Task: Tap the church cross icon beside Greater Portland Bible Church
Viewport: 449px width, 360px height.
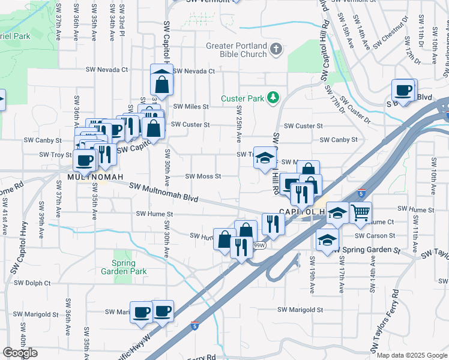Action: point(276,49)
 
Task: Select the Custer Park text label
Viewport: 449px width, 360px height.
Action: point(243,98)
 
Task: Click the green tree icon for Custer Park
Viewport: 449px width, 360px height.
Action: point(273,97)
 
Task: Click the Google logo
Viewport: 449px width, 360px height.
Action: point(20,353)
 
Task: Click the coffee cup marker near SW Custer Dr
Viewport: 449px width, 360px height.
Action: point(404,91)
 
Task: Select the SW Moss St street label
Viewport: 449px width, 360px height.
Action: point(203,176)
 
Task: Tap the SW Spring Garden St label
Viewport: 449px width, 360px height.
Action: point(366,249)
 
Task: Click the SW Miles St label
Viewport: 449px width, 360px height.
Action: point(191,106)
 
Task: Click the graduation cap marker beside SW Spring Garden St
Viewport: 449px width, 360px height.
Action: point(327,240)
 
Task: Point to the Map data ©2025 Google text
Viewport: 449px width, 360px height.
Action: point(411,355)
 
